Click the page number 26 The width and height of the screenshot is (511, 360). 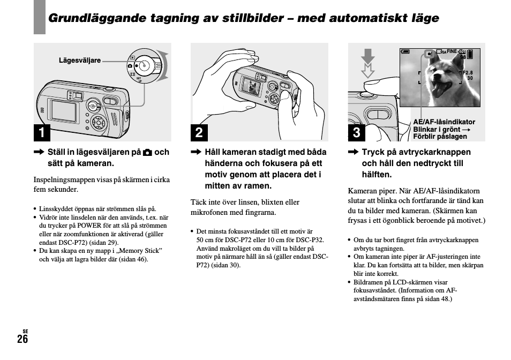tap(22, 339)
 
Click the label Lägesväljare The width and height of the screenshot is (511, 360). tap(80, 61)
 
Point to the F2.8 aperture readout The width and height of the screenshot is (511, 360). tap(468, 73)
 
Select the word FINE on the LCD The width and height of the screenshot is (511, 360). tap(452, 51)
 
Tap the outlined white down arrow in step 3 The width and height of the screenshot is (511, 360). tap(367, 70)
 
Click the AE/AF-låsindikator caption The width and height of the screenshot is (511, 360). tap(444, 122)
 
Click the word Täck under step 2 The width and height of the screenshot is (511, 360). tap(199, 202)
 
